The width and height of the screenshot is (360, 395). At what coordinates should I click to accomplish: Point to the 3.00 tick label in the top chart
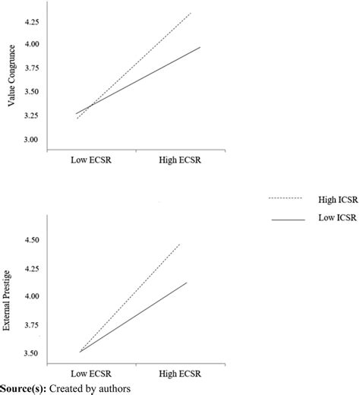pos(33,141)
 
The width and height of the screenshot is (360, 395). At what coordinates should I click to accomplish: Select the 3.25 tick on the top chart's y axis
pos(33,117)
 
